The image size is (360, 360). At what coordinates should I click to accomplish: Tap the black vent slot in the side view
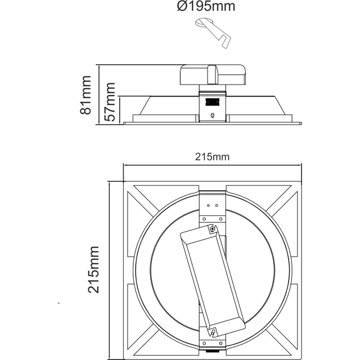click(x=212, y=103)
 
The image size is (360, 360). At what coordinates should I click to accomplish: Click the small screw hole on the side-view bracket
click(x=212, y=114)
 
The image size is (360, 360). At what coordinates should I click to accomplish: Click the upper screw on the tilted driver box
click(x=212, y=229)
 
